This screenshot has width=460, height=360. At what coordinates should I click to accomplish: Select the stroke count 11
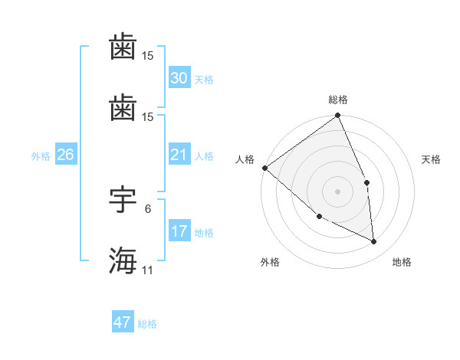(x=148, y=270)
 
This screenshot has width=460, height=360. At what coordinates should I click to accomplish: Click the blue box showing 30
(x=179, y=78)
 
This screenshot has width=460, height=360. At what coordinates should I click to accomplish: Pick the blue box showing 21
(x=179, y=155)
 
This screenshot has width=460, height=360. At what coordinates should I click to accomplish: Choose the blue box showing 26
(x=65, y=155)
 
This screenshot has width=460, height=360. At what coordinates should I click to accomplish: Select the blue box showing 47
(x=123, y=322)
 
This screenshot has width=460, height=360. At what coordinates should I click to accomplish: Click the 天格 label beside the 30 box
(x=204, y=80)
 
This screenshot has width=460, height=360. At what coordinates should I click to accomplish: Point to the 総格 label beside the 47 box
(x=148, y=324)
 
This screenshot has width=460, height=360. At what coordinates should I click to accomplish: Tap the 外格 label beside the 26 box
(x=41, y=156)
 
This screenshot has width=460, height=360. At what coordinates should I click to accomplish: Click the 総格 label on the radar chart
(x=338, y=100)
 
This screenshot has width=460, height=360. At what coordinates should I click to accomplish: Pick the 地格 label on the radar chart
(x=402, y=263)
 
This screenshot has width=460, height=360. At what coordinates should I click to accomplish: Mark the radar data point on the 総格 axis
(x=338, y=116)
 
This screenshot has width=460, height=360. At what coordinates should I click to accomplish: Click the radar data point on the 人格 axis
(x=264, y=168)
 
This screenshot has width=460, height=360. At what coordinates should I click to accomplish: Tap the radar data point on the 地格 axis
(x=374, y=242)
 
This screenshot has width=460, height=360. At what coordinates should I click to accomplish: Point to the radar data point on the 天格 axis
(x=366, y=182)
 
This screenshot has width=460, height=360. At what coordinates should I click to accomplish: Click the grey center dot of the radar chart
(x=338, y=191)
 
